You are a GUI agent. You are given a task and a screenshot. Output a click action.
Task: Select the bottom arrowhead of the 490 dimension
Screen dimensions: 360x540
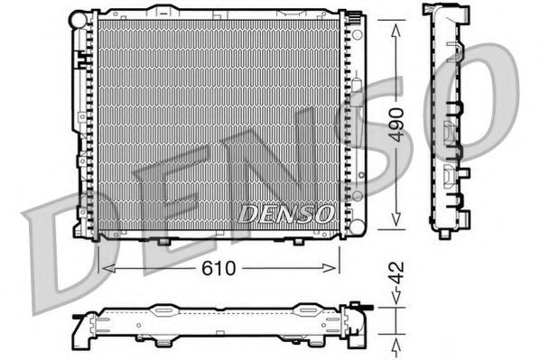(x=396, y=225)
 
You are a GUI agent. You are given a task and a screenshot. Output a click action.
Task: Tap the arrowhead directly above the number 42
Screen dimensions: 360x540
(x=396, y=304)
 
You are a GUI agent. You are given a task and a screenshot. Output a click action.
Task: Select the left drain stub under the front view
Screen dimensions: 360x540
(x=162, y=241)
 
